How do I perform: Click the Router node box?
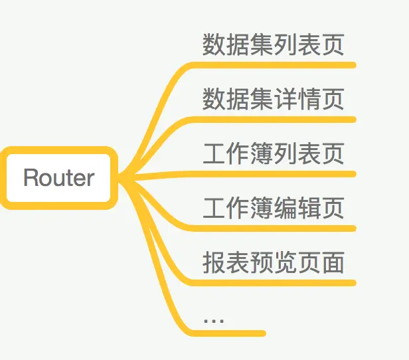[x=59, y=177]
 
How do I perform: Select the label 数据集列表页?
[x=273, y=45]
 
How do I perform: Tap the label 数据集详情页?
[x=273, y=99]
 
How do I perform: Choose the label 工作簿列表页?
[x=273, y=153]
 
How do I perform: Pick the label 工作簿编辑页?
[x=273, y=208]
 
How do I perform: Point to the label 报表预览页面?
[x=273, y=262]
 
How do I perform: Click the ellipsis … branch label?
[x=214, y=319]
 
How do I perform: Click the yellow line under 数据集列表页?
[x=279, y=65]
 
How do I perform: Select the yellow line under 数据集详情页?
[x=279, y=120]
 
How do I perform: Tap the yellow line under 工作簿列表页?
[x=279, y=174]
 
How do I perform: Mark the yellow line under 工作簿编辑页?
[x=279, y=228]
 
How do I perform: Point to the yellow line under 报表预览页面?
[x=279, y=283]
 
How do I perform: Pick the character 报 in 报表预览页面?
[x=214, y=262]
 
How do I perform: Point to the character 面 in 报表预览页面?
[x=333, y=262]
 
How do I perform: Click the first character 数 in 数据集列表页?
[x=214, y=45]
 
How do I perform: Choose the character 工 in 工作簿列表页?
[x=214, y=153]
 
